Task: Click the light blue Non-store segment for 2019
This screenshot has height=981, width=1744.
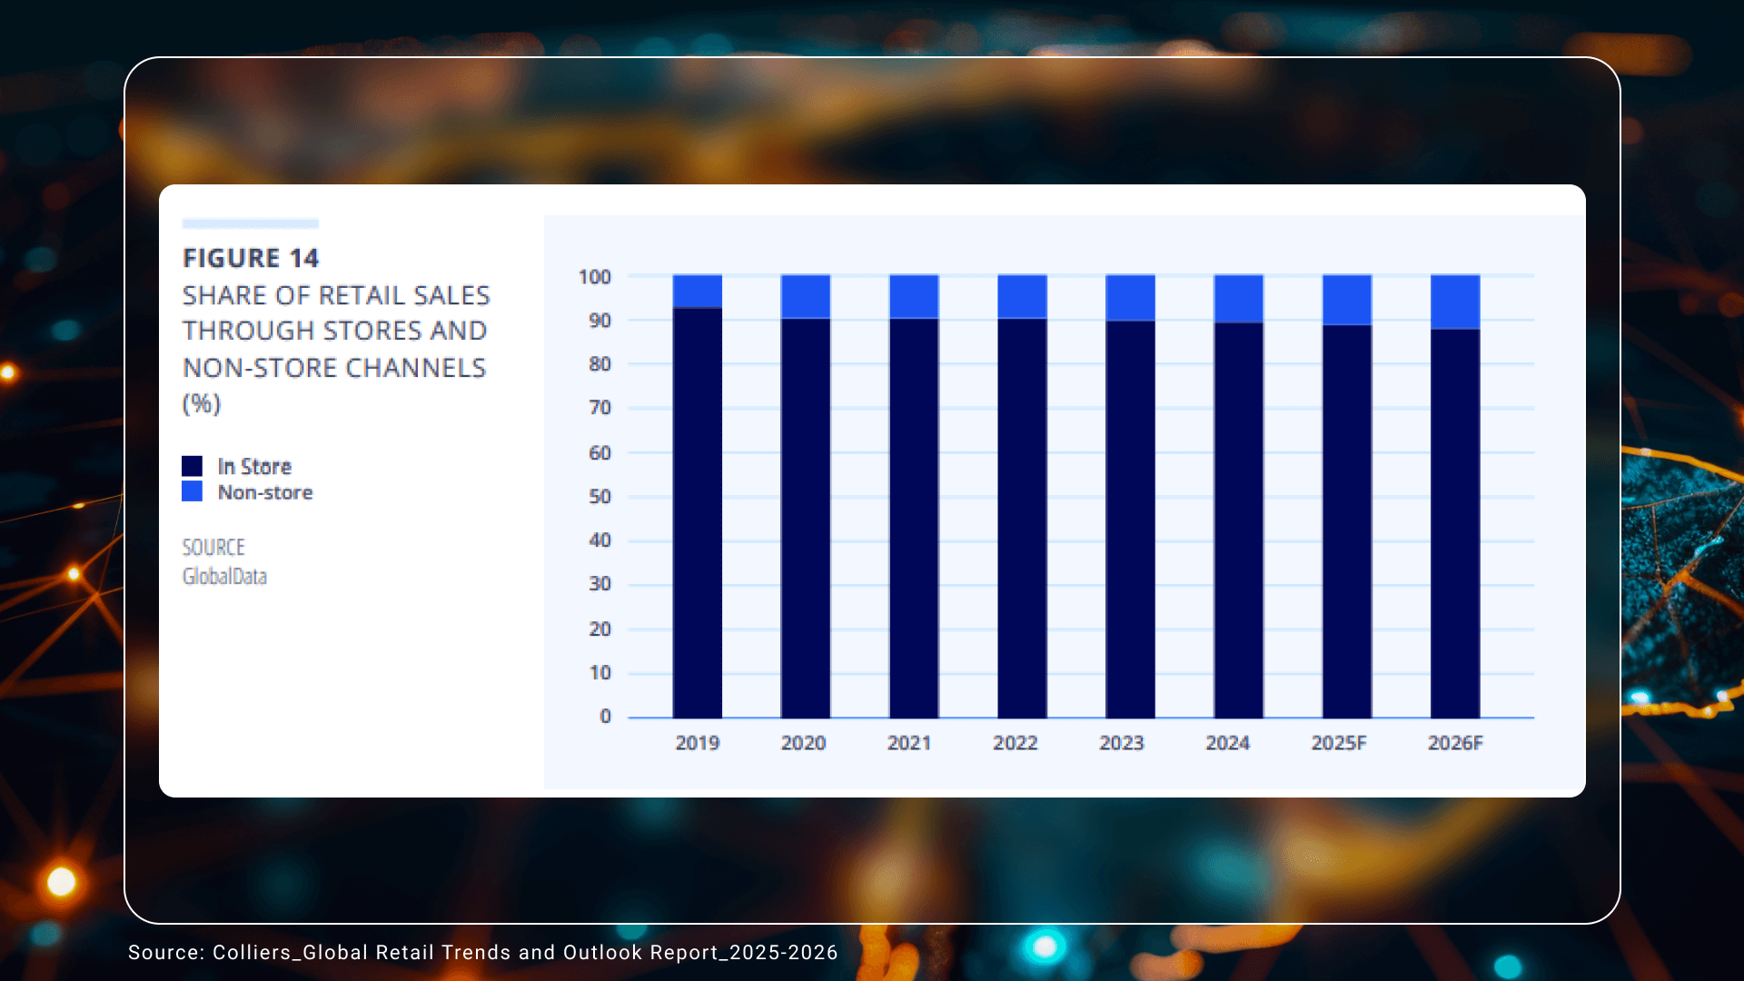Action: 697,291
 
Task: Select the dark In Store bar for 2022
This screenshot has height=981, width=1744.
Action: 1022,518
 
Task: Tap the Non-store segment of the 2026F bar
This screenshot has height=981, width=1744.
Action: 1454,301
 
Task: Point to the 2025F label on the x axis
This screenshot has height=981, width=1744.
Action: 1338,743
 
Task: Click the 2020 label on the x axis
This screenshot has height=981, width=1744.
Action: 803,743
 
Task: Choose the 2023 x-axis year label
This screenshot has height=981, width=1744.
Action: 1121,743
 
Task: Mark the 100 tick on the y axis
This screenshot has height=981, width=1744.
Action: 595,277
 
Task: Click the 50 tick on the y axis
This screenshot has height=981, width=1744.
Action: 599,497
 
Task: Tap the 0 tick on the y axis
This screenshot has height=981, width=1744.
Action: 605,717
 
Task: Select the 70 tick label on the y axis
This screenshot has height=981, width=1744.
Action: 599,408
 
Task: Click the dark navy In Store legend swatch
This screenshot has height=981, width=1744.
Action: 192,466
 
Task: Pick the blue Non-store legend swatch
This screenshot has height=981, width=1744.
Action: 192,491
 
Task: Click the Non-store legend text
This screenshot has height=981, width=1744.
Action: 265,492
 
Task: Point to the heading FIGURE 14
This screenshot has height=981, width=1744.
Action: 251,258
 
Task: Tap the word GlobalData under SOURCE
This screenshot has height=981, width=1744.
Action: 224,576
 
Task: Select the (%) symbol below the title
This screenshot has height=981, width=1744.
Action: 202,403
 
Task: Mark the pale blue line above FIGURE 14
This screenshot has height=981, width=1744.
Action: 250,223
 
